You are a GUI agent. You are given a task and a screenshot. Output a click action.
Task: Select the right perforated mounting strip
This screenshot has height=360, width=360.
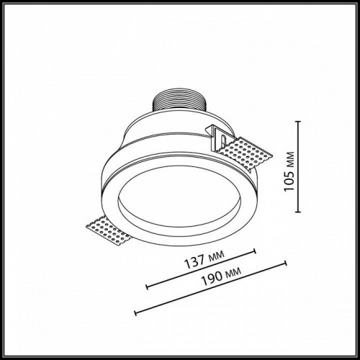[x=248, y=153]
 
